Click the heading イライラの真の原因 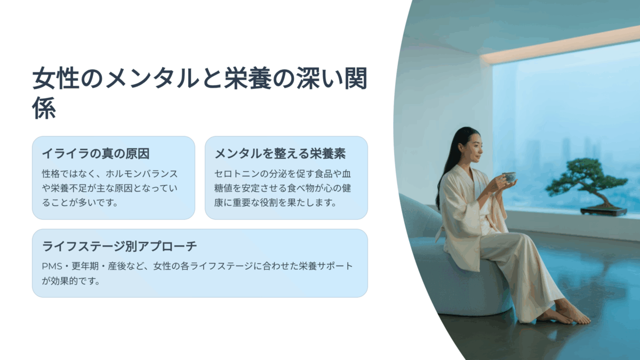(95, 154)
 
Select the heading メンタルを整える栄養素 (280, 154)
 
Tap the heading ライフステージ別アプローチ (119, 246)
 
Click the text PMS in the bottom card (52, 266)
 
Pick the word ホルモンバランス (142, 174)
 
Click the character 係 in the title (44, 108)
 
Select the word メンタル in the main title (152, 78)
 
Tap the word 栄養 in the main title (247, 78)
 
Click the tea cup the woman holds (509, 177)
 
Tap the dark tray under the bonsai (603, 211)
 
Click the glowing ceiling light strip (560, 44)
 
